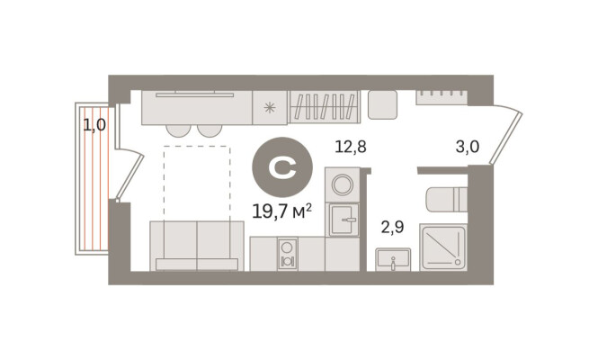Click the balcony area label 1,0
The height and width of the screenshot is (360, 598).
click(x=94, y=124)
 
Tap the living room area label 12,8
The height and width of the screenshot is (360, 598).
click(x=351, y=146)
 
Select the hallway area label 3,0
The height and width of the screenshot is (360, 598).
click(x=468, y=146)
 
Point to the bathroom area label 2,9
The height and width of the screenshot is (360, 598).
click(x=392, y=227)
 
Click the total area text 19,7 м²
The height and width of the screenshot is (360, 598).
click(x=282, y=211)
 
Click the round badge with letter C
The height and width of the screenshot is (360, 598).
click(x=282, y=167)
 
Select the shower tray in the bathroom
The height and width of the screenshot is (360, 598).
click(x=443, y=247)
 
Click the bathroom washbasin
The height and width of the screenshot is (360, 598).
click(x=393, y=259)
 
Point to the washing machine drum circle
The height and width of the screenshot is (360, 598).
click(x=342, y=184)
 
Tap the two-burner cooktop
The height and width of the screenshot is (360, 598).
click(x=287, y=254)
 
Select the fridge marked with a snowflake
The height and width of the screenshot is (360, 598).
click(x=270, y=108)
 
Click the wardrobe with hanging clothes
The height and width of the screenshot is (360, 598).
click(x=324, y=106)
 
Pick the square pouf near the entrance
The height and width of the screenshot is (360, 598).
click(x=382, y=104)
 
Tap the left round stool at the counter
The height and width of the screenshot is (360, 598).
click(x=178, y=130)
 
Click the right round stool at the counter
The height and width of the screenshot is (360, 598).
click(x=209, y=130)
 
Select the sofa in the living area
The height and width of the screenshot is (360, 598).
click(x=197, y=246)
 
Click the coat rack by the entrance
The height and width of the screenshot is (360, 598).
click(x=442, y=97)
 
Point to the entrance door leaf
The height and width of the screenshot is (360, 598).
click(x=506, y=138)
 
